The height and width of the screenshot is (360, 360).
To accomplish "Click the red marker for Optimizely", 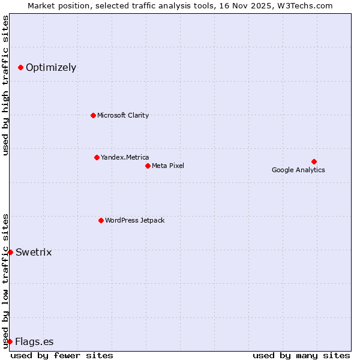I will [20, 67].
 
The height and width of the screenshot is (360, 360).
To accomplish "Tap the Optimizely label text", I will [51, 67].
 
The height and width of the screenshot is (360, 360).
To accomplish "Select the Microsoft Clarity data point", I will [93, 115].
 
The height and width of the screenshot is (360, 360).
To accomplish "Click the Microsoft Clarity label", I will [123, 115].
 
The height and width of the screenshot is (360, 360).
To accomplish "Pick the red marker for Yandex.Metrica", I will [97, 157].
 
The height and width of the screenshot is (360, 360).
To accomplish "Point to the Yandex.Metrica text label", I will [125, 157].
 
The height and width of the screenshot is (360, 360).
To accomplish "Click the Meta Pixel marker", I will [148, 166].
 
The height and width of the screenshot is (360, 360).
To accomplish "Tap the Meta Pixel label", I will [168, 166].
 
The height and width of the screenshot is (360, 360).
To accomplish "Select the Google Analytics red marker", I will [314, 161].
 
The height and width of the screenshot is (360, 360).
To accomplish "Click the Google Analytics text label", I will [298, 170].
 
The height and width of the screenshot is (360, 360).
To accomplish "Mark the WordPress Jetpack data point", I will [101, 220].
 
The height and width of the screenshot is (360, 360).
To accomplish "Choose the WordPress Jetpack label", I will [134, 220].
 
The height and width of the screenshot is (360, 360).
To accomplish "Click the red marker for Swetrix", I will [10, 252].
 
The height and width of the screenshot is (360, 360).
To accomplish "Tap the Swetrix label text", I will [34, 252].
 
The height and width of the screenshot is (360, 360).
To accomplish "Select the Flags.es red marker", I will [10, 341].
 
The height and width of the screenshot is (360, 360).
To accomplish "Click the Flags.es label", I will [34, 342].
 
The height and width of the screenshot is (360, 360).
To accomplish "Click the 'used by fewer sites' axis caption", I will [62, 355].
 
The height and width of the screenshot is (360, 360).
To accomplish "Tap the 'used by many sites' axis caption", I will [301, 355].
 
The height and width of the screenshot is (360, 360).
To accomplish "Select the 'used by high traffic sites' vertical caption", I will [5, 85].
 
